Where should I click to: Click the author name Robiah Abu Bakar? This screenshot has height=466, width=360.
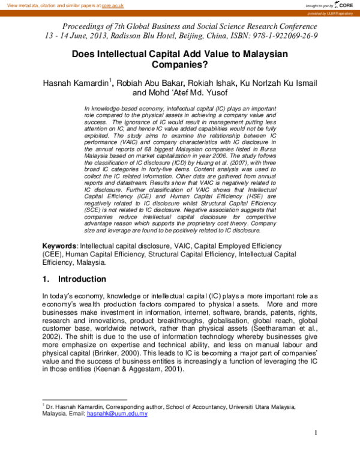pyautogui.click(x=151, y=82)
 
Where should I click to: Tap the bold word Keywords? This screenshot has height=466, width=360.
pyautogui.click(x=59, y=247)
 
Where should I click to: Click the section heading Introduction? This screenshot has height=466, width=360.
pyautogui.click(x=82, y=279)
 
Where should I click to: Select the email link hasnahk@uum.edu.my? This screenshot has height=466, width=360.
pyautogui.click(x=117, y=414)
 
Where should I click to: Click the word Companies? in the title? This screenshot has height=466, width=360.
pyautogui.click(x=179, y=65)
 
